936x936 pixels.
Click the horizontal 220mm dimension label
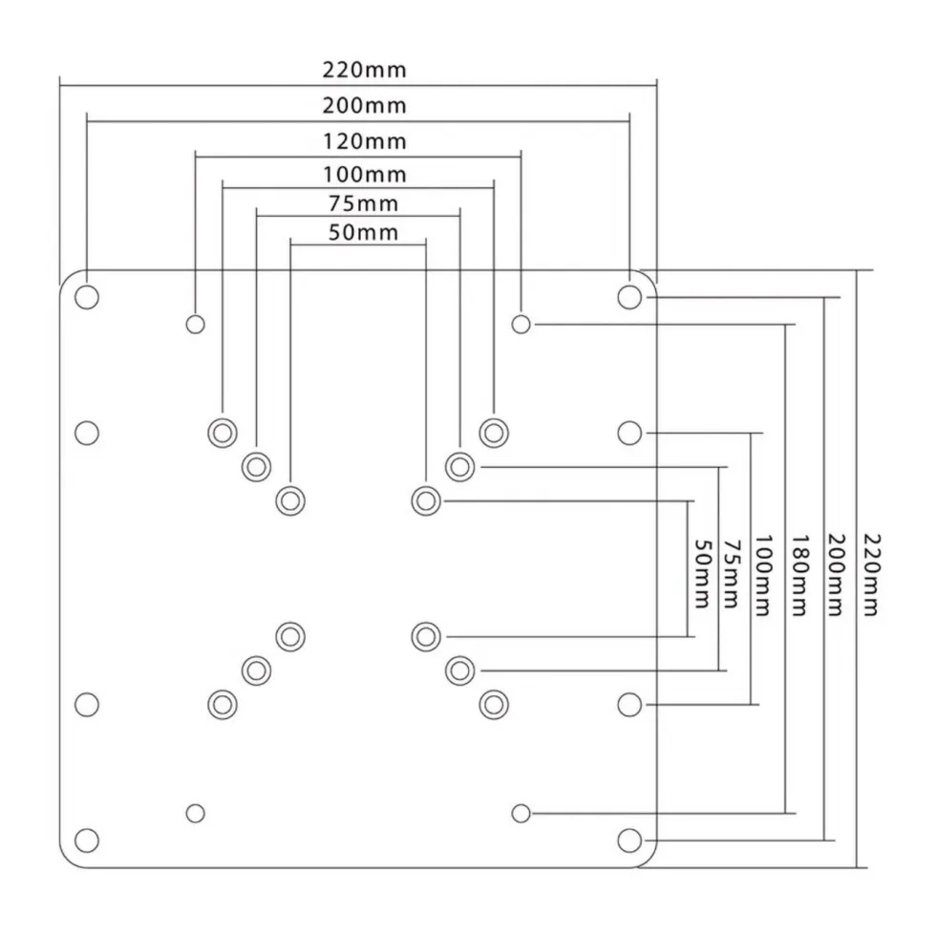pos(364,70)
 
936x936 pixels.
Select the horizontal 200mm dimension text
pos(364,106)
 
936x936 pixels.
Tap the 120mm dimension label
pos(364,141)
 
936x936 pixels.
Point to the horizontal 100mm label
pos(364,174)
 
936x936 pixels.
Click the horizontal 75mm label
pos(364,203)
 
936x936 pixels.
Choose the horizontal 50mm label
pos(364,232)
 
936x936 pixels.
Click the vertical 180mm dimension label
pos(799,575)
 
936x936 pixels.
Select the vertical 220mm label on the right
pos(871,575)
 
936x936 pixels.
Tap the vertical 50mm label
pos(703,574)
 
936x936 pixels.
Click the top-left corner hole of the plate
pos(87,297)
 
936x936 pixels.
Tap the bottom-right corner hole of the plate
pos(629,840)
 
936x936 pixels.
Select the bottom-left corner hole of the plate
pos(87,840)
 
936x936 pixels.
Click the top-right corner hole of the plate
pos(629,297)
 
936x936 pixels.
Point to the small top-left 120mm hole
pos(195,325)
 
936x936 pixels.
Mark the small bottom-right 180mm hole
pos(521,813)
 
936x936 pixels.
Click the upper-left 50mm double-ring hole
pos(290,500)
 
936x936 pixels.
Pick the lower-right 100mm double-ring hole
pos(494,705)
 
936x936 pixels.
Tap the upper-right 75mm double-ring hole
pos(459,467)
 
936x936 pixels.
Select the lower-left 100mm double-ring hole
pos(222,705)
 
